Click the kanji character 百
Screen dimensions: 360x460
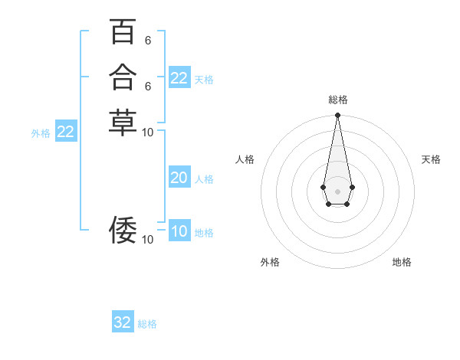[x=122, y=33]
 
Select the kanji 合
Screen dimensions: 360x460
[x=122, y=77]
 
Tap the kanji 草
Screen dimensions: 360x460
[x=122, y=122]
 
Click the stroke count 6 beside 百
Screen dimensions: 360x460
[x=148, y=41]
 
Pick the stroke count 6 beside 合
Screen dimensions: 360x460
[x=148, y=86]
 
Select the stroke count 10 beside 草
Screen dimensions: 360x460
[x=148, y=132]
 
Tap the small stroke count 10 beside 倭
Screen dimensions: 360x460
[x=148, y=240]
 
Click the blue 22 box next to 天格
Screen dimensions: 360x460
[x=179, y=78]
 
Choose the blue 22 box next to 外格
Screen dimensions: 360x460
[x=66, y=132]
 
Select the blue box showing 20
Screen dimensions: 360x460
[x=179, y=178]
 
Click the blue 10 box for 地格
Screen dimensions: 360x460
[x=179, y=231]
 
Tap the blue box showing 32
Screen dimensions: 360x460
[x=123, y=322]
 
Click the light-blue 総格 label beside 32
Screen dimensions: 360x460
[x=147, y=324]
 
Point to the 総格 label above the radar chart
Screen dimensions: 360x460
[x=337, y=100]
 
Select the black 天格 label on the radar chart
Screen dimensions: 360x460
[x=431, y=159]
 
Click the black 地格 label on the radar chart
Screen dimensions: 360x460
[x=402, y=262]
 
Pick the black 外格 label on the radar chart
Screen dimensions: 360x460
[x=270, y=262]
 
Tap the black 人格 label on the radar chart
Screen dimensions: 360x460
[x=245, y=159]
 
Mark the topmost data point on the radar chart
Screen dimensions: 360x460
[x=337, y=116]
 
